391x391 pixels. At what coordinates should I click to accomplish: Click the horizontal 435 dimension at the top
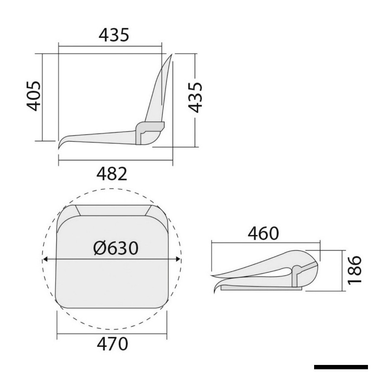(x=114, y=35)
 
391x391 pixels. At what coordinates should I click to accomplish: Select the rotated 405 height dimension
(x=34, y=96)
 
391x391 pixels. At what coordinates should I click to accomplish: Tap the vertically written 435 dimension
(x=195, y=97)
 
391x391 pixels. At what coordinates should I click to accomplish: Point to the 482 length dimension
(x=112, y=174)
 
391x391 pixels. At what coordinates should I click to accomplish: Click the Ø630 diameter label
(x=116, y=248)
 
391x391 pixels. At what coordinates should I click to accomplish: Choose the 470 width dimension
(x=113, y=344)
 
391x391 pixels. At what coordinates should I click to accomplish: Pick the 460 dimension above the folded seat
(x=263, y=234)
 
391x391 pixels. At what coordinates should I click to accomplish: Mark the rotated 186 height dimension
(x=355, y=270)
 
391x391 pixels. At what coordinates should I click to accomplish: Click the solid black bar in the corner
(x=341, y=367)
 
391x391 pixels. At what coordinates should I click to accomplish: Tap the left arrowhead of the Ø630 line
(x=45, y=259)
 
